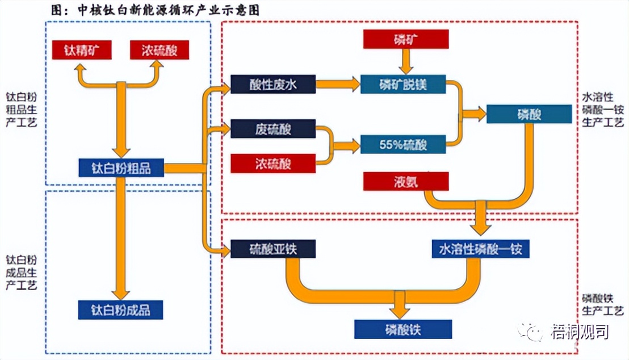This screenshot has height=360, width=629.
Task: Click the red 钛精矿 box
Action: tap(81, 50)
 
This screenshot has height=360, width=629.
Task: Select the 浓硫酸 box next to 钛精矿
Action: tap(160, 50)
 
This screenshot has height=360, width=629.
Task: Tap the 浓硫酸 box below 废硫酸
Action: tap(273, 164)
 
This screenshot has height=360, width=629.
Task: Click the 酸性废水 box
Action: tap(273, 85)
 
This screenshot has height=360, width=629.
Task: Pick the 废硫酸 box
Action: tap(273, 129)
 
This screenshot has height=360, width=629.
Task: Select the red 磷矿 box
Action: tap(406, 39)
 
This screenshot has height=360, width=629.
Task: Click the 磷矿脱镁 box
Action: tap(402, 85)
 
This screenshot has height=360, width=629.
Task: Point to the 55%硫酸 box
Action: tap(402, 145)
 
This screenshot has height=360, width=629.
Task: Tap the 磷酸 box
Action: tap(529, 114)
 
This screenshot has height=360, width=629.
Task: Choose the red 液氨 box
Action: tap(406, 182)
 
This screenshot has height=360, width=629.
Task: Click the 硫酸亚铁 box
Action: tap(273, 249)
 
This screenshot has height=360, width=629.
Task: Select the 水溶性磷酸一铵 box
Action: tap(480, 249)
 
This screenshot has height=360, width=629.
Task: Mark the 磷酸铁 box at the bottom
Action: tap(402, 329)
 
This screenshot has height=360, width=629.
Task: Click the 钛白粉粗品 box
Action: tap(121, 168)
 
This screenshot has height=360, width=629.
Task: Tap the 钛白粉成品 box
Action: tap(121, 310)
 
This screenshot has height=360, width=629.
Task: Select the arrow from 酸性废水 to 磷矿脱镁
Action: tap(338, 85)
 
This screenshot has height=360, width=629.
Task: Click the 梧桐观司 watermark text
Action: tap(579, 331)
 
